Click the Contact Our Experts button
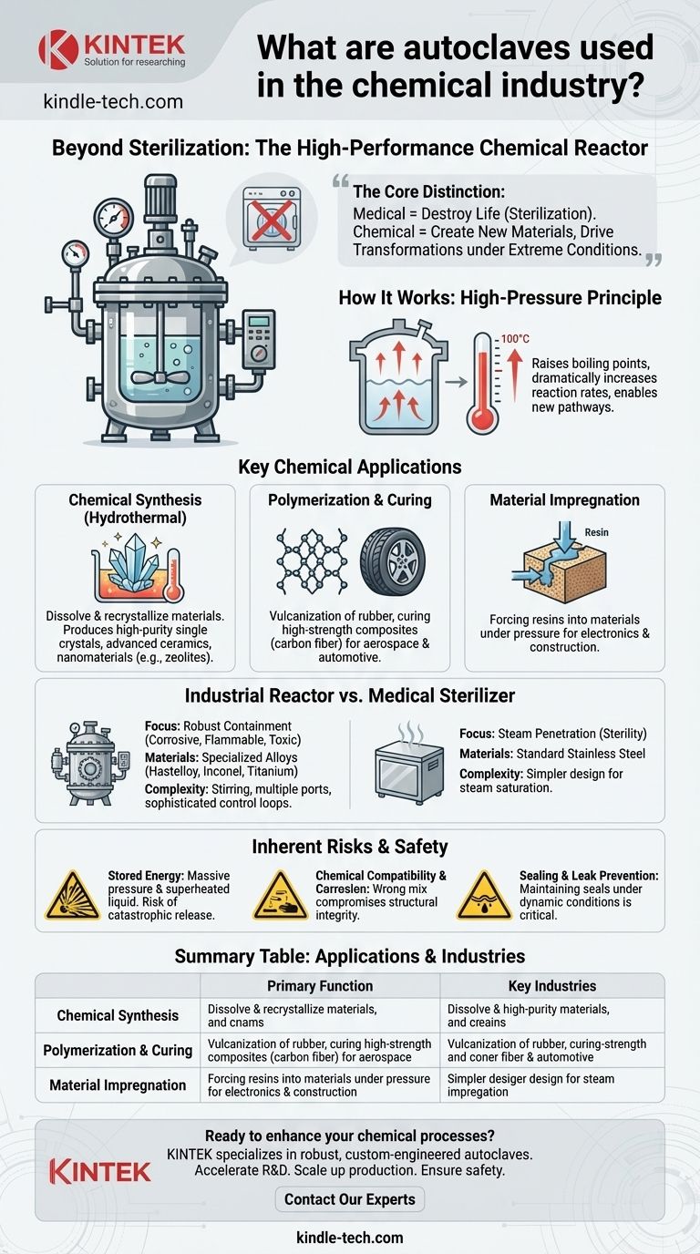tap(349, 1199)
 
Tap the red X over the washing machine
tap(272, 220)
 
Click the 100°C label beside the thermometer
tap(515, 339)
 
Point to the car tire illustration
tap(393, 561)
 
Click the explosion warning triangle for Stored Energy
tap(72, 895)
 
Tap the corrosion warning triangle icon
tap(280, 895)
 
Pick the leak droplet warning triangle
tap(484, 895)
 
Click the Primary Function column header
tap(320, 986)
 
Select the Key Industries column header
tap(552, 986)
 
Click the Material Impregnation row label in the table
tap(118, 1084)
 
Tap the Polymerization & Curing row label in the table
tap(118, 1050)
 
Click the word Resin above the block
tap(596, 532)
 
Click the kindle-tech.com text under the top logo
tap(113, 101)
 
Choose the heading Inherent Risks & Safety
tap(349, 847)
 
